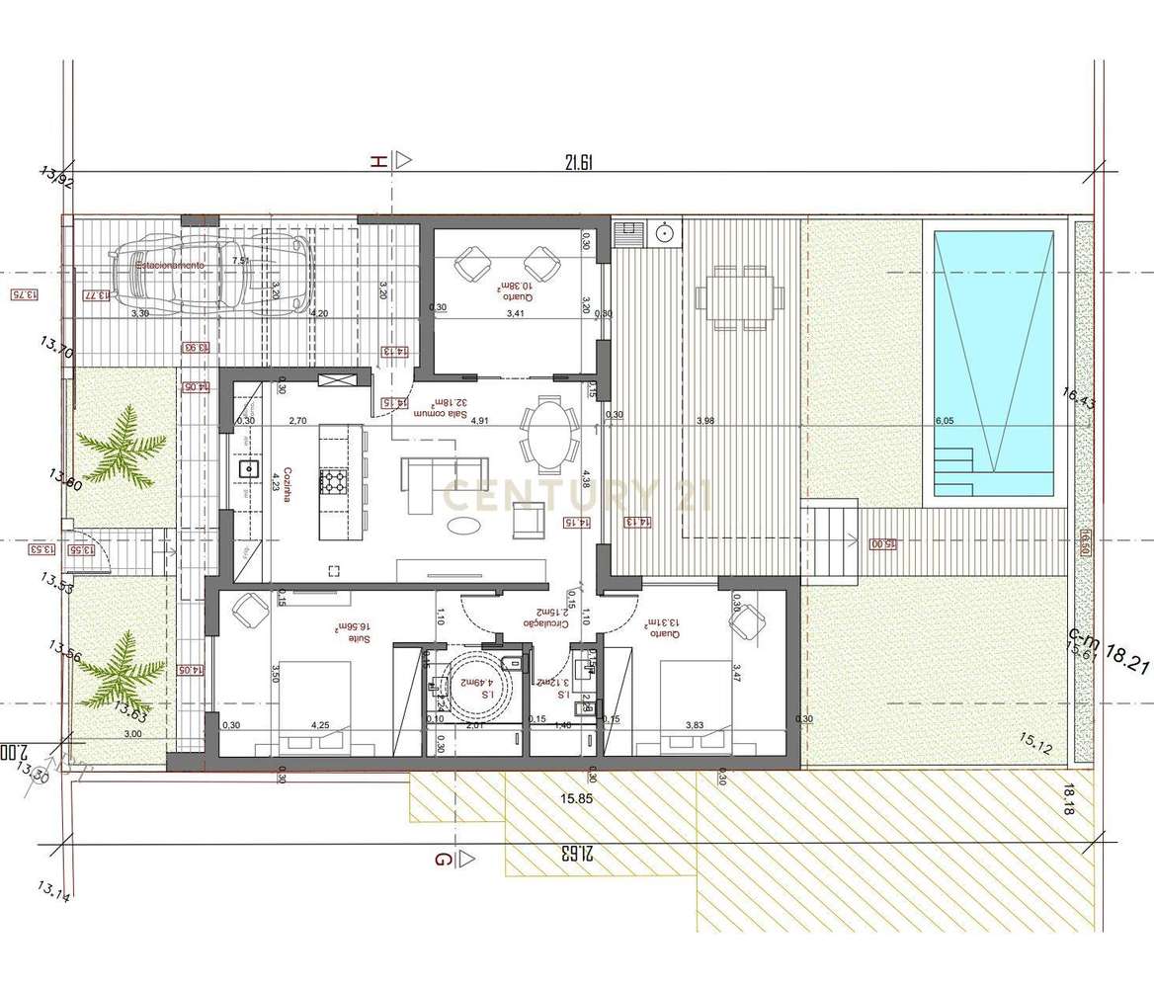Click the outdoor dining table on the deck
(733, 296)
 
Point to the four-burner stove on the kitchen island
(332, 482)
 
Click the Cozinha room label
(288, 484)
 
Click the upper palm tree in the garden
(124, 451)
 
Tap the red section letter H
(376, 162)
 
